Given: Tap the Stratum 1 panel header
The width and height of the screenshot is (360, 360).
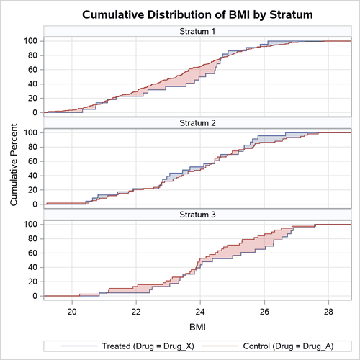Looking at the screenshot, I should click(195, 32).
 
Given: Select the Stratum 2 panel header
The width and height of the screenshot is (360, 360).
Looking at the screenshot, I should click(195, 123).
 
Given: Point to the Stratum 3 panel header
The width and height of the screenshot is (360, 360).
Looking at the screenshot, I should click(195, 215).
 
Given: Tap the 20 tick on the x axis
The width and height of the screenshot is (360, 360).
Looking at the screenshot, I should click(72, 311).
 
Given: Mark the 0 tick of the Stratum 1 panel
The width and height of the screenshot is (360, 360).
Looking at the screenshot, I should click(35, 113).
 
